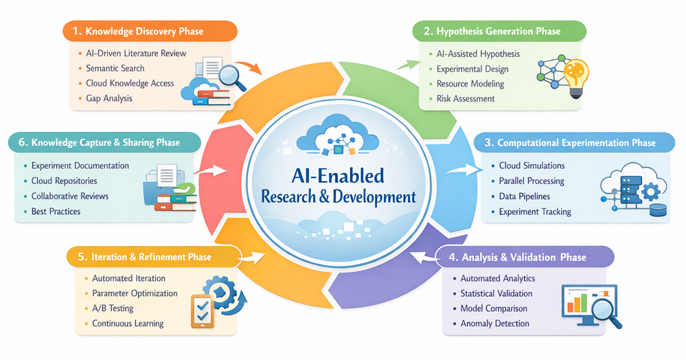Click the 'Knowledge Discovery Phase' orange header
tap(150, 31)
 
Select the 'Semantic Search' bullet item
tap(115, 68)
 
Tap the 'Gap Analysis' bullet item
tap(109, 98)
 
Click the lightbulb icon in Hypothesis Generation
tap(576, 78)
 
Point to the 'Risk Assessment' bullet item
tap(466, 98)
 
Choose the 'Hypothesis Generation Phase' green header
tap(499, 31)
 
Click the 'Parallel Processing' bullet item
tap(531, 181)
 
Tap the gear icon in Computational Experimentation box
tap(652, 191)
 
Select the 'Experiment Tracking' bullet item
tap(535, 212)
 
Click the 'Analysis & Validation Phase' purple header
tap(525, 257)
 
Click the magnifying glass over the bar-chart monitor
tap(606, 312)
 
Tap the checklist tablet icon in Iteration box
tap(203, 311)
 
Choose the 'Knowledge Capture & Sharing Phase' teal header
tap(104, 142)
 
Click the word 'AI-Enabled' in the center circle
tap(338, 176)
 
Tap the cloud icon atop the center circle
tap(338, 134)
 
